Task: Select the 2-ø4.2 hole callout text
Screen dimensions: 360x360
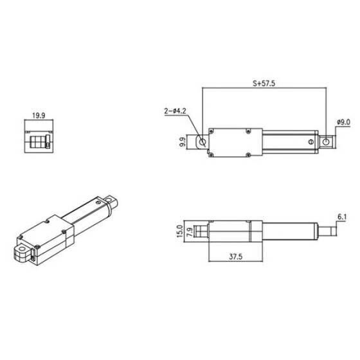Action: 177,111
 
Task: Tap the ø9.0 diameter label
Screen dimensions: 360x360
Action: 343,122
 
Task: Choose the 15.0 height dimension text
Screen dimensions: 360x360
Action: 179,230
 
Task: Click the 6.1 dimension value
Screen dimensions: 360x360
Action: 341,217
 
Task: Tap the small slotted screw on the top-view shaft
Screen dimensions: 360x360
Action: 310,141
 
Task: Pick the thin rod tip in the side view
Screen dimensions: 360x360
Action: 327,230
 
